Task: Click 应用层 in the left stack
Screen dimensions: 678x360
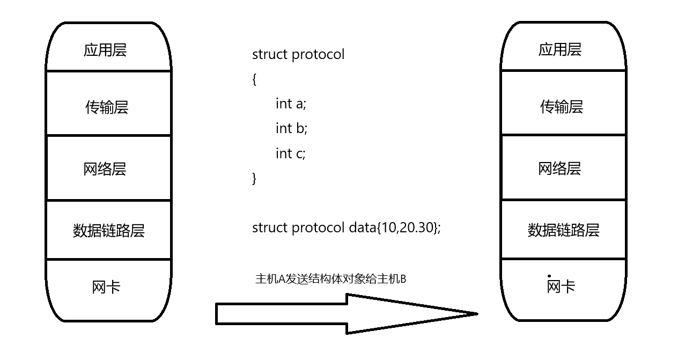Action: point(105,50)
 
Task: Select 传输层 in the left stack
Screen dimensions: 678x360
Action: point(107,107)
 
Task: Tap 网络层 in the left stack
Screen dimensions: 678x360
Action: point(105,170)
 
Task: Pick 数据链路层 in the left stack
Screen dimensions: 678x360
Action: point(108,231)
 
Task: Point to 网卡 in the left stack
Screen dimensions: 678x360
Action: point(106,288)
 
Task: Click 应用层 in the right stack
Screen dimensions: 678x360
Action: point(560,50)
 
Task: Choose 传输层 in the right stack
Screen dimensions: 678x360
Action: point(562,107)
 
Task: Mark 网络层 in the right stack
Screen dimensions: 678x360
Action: point(560,169)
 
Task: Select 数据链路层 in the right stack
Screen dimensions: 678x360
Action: point(563,230)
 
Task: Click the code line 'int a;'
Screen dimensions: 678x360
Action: point(291,104)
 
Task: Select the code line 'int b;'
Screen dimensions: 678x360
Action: point(291,128)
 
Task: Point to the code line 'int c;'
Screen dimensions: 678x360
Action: point(290,153)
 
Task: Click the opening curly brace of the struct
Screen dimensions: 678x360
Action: point(254,79)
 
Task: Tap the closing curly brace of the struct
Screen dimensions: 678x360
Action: point(254,178)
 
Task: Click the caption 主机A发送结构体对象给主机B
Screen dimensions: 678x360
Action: point(330,279)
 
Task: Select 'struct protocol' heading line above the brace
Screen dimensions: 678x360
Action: point(298,54)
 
